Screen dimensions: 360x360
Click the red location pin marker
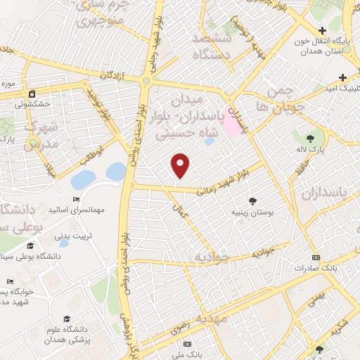coord(181,165)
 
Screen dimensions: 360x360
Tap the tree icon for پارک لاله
coord(311,136)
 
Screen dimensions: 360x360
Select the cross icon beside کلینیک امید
coord(342,77)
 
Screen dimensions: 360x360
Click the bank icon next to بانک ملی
coord(187,344)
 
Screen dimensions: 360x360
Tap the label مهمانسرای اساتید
coord(77,210)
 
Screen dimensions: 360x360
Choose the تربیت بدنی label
coord(74,236)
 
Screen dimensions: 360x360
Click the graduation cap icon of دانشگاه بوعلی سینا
coord(30,246)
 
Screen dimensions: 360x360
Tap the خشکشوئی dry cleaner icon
coord(32,94)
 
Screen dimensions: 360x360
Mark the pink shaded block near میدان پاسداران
coord(229,126)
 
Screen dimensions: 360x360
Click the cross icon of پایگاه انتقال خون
coord(321,31)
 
